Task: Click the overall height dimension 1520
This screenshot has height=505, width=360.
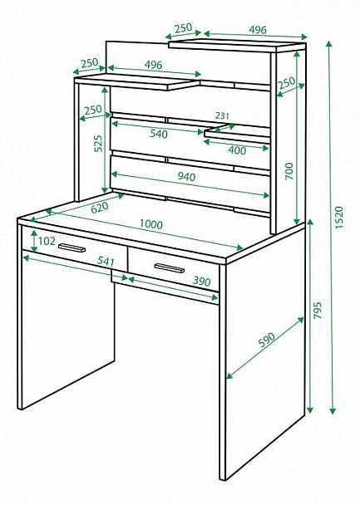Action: pos(339,218)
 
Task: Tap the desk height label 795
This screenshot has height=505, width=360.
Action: pos(318,310)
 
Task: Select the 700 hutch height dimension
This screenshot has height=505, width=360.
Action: pos(289,171)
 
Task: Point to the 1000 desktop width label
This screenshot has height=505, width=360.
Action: pos(151,223)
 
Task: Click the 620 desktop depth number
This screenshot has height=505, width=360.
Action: pos(100,208)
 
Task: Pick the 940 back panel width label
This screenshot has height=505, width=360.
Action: pos(186,176)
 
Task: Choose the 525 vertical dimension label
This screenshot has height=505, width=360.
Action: pos(98,144)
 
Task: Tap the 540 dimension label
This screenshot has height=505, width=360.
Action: pos(159,134)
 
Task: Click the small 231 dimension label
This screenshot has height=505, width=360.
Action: pos(222,115)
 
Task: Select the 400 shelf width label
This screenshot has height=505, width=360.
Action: pos(237,150)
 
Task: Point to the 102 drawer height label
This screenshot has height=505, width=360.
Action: pos(47,241)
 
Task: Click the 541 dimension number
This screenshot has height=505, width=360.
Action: pos(106,261)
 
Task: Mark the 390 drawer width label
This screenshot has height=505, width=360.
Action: pos(201,282)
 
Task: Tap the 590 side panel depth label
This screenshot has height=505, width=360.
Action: pos(267,340)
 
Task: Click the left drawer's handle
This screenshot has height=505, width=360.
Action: pos(72,248)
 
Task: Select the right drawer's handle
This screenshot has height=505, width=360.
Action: pos(170,267)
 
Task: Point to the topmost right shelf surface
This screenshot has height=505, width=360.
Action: pos(237,46)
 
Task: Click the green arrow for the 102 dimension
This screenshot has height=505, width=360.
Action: pos(34,241)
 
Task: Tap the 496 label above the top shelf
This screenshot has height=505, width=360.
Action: pos(258,30)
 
